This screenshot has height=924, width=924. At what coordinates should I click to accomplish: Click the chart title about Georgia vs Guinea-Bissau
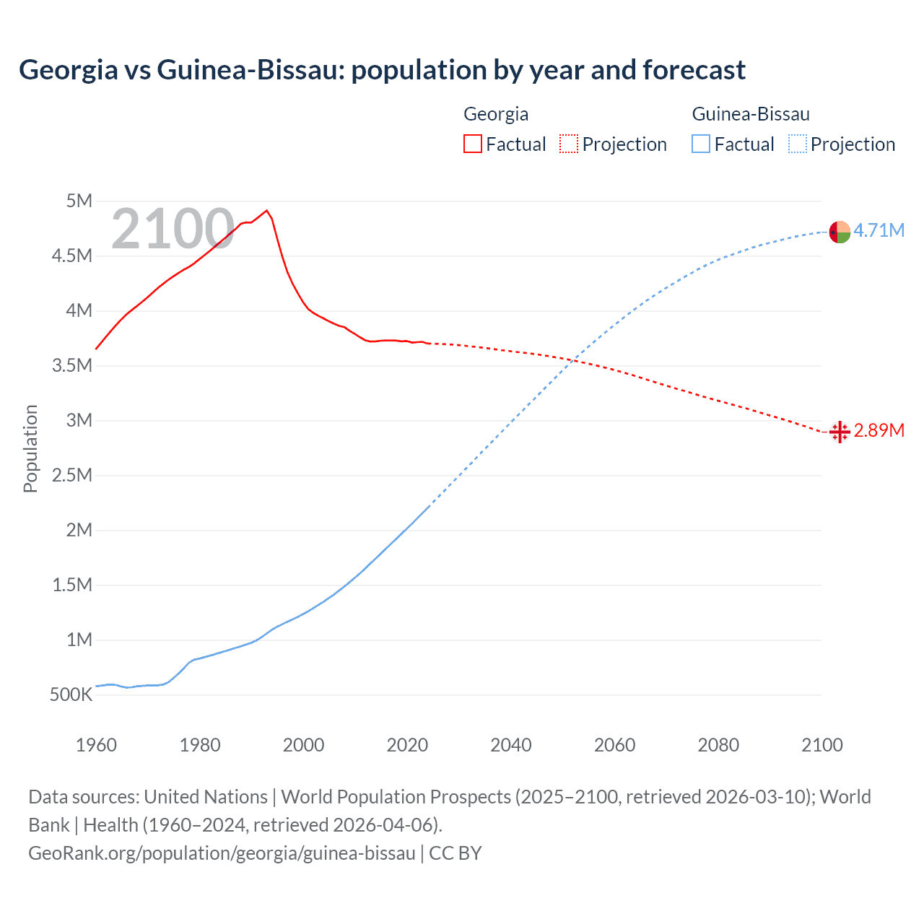382,70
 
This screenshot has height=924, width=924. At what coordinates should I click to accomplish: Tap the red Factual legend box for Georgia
472,144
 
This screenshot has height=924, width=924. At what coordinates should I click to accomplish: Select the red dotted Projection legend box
569,144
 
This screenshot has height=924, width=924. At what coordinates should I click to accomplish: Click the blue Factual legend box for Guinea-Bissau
701,144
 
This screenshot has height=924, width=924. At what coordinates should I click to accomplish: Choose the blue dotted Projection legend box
797,144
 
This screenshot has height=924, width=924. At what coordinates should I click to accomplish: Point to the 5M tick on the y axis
79,201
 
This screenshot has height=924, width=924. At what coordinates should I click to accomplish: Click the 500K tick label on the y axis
71,694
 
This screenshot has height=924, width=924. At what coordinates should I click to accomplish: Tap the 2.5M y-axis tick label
72,475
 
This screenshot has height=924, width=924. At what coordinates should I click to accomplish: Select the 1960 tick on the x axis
96,745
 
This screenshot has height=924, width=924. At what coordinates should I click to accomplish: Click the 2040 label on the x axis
511,745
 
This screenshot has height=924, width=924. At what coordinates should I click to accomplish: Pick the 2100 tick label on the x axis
821,745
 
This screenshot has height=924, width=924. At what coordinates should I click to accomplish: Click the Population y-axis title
30,448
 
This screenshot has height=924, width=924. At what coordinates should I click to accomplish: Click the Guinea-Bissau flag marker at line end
840,232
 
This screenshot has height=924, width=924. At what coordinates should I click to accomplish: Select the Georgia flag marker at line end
840,432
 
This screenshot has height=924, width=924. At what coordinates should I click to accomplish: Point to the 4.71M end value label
879,230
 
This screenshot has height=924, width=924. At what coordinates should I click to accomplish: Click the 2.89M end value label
879,430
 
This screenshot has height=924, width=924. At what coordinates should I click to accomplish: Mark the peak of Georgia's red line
267,210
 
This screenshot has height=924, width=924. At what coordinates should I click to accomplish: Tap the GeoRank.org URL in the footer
222,853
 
